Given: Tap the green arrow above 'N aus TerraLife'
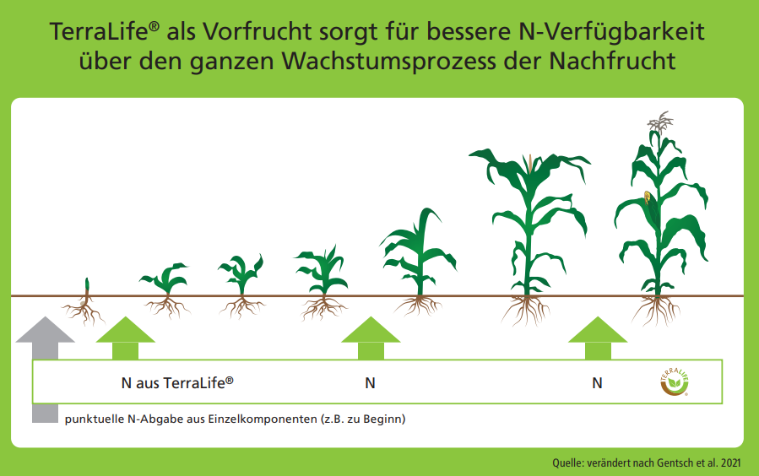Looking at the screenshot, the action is point(125,338).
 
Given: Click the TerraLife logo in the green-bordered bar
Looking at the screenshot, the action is point(675,382).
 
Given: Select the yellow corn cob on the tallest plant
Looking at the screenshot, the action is point(648,197).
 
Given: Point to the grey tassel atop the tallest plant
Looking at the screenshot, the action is point(659,122).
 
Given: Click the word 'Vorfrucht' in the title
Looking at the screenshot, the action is point(256,32).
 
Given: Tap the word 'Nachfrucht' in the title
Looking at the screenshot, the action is point(612,62).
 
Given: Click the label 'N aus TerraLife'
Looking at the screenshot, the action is point(177,382).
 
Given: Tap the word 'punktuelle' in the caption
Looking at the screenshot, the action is point(95,419).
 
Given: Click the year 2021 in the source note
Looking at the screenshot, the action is point(730,463).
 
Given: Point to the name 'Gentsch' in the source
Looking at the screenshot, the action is point(675,463).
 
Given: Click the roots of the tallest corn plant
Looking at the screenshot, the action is point(656,311).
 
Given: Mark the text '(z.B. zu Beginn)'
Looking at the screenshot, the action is point(363,419).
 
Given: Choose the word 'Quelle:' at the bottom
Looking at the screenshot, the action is point(568,463).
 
